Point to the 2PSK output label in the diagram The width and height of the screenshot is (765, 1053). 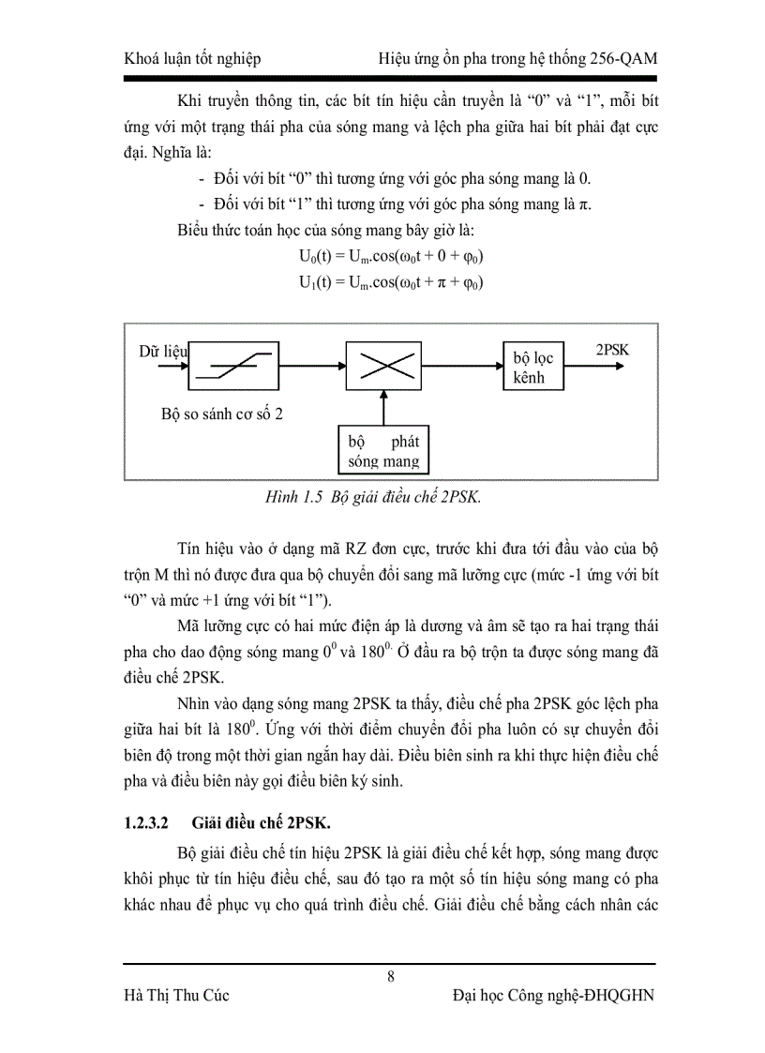(612, 350)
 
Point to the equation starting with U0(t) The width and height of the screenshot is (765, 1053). (390, 256)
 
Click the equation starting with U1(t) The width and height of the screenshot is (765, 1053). (390, 281)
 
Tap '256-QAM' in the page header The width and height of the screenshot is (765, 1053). (622, 59)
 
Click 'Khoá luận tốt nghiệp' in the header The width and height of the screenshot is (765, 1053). (192, 59)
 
